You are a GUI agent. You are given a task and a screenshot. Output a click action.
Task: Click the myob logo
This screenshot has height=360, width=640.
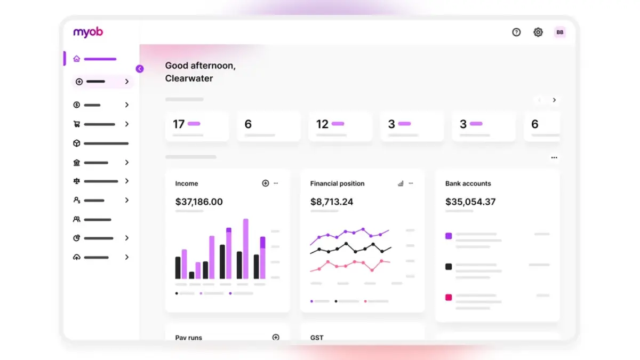[88, 32]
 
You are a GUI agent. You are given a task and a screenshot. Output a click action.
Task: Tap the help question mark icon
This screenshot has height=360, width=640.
[516, 33]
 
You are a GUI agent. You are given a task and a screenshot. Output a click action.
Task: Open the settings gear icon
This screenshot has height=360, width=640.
[538, 33]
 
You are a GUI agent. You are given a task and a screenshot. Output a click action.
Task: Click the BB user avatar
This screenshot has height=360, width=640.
[559, 33]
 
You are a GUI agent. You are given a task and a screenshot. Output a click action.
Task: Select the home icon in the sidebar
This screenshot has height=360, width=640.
[77, 59]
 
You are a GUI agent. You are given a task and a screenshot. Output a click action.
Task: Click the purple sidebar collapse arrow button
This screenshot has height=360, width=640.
[140, 69]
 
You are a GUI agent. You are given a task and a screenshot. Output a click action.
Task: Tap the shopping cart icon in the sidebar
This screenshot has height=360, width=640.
[77, 124]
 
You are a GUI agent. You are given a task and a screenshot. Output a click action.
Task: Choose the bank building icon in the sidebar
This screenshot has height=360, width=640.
[77, 162]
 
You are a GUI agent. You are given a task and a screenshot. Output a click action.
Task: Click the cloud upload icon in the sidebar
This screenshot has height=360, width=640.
[77, 257]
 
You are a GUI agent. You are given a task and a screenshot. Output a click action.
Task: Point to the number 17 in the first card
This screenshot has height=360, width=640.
[179, 124]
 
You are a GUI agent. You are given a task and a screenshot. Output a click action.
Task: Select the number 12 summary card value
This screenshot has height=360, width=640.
[322, 124]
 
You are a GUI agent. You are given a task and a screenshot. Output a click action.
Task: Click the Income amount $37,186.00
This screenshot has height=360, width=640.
[199, 202]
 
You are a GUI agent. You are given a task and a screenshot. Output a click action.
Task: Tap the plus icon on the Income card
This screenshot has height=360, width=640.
[266, 183]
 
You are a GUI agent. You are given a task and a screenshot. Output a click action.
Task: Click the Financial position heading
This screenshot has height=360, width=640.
[337, 183]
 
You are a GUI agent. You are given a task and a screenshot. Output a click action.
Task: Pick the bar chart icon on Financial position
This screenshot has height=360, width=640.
[401, 183]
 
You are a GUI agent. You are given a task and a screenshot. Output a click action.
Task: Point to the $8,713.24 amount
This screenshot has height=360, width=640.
[332, 202]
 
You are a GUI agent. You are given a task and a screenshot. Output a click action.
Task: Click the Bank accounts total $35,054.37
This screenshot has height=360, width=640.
[470, 202]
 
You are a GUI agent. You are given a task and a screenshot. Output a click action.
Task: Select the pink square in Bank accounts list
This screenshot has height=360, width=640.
[449, 297]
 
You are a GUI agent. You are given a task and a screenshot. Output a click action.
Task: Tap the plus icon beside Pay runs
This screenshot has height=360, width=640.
[276, 337]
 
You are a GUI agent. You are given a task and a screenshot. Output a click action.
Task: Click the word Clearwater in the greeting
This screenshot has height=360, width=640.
[189, 78]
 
